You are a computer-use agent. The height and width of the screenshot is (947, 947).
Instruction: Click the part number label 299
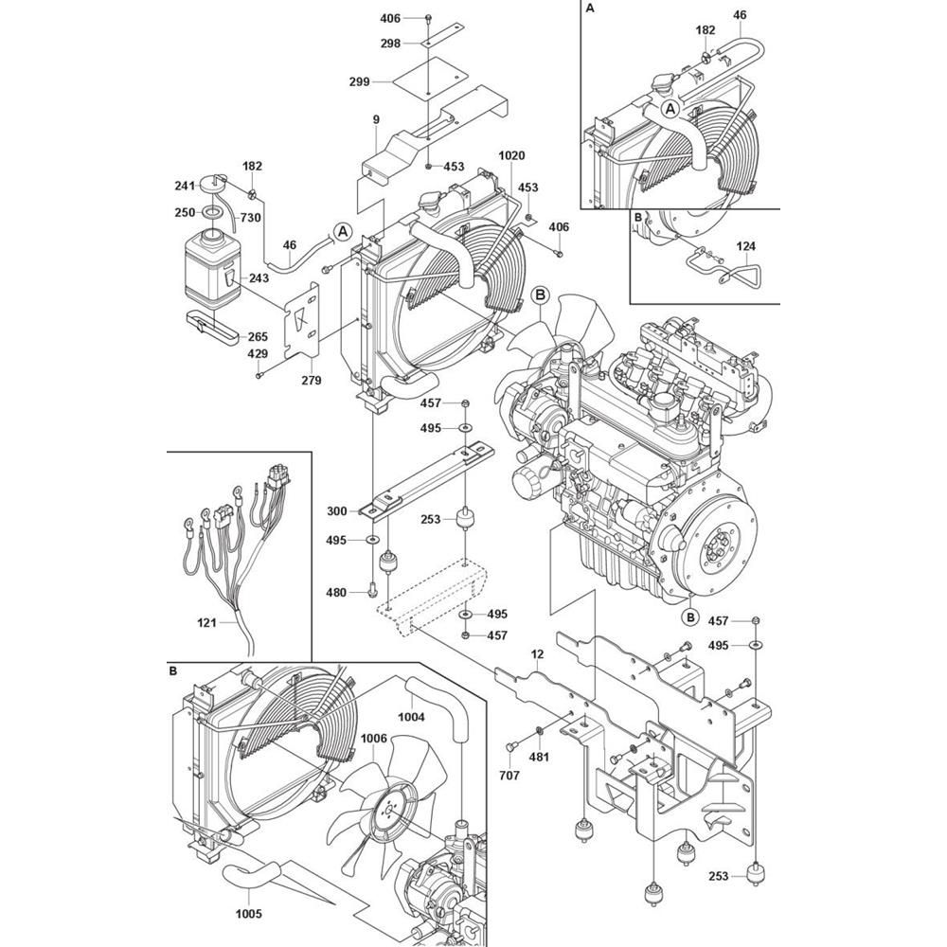[x=359, y=81]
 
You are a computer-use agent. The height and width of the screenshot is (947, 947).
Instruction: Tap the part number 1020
[x=511, y=155]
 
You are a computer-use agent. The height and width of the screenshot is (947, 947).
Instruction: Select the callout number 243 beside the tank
[x=259, y=278]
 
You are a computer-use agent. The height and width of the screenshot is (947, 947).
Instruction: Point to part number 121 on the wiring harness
[x=206, y=622]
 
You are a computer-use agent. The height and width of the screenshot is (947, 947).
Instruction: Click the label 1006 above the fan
[x=373, y=740]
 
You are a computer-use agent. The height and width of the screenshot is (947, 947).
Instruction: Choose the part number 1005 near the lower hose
[x=249, y=913]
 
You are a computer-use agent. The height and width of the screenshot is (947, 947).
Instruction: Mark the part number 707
[x=509, y=775]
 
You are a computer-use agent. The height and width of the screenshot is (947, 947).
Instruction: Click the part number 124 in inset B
[x=746, y=246]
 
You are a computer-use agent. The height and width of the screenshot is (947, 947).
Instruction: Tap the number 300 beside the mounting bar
[x=337, y=511]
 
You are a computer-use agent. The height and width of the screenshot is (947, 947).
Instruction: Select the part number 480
[x=336, y=593]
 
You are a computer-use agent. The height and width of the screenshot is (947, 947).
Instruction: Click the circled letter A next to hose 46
[x=343, y=231]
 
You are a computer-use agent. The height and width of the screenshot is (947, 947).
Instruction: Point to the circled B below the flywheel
[x=689, y=617]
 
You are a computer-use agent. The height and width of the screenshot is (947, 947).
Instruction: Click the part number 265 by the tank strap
[x=258, y=337]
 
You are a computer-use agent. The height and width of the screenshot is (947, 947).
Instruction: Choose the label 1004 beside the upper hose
[x=411, y=717]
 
